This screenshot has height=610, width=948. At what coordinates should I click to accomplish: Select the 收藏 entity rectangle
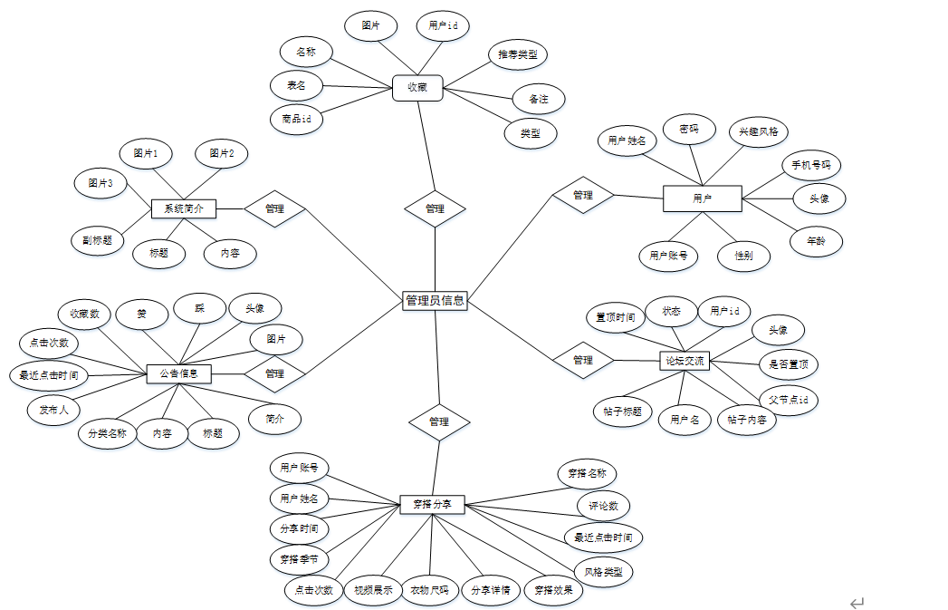tap(417, 88)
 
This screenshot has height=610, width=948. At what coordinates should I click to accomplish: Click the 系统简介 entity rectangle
tap(184, 208)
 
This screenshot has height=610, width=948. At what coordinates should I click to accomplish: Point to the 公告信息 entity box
tap(178, 373)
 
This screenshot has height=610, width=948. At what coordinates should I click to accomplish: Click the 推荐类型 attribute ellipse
tap(517, 54)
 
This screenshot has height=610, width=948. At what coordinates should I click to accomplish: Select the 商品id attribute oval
tap(296, 119)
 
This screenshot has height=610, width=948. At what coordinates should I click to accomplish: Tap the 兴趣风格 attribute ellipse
tap(758, 131)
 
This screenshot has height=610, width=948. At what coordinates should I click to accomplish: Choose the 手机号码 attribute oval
tap(811, 166)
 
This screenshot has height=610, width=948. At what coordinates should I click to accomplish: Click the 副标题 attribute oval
tap(97, 240)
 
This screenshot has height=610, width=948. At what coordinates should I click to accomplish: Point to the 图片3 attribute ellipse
tap(101, 183)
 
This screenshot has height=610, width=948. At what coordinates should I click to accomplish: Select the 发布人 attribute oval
tap(53, 409)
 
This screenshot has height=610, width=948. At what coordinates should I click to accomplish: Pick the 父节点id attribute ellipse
tap(788, 399)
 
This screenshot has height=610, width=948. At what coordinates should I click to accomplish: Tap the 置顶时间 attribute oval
tap(616, 317)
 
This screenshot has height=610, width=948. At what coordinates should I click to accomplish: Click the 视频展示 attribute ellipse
tap(373, 590)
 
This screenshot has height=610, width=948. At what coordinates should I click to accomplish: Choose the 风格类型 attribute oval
tap(603, 572)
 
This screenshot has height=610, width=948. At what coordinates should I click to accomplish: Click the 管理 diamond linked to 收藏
tap(435, 208)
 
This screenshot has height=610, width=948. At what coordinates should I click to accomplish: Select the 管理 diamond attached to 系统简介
tap(274, 208)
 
